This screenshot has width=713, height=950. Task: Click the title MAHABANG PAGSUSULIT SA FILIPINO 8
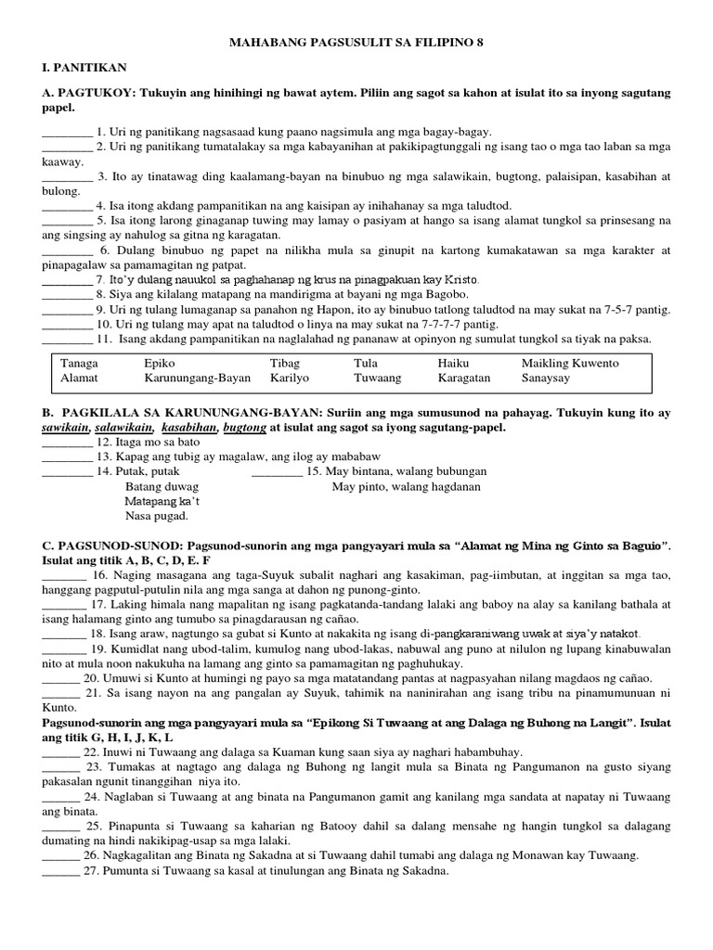(x=356, y=43)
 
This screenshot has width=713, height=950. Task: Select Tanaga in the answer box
(x=80, y=364)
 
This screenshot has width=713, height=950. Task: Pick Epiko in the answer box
(x=160, y=364)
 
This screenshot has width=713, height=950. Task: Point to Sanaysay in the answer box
(x=548, y=379)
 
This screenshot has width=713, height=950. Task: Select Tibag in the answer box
(x=285, y=364)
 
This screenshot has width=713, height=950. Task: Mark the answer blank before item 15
(x=277, y=471)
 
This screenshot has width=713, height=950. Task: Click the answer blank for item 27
(x=60, y=871)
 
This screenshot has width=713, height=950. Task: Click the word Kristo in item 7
(x=461, y=279)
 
